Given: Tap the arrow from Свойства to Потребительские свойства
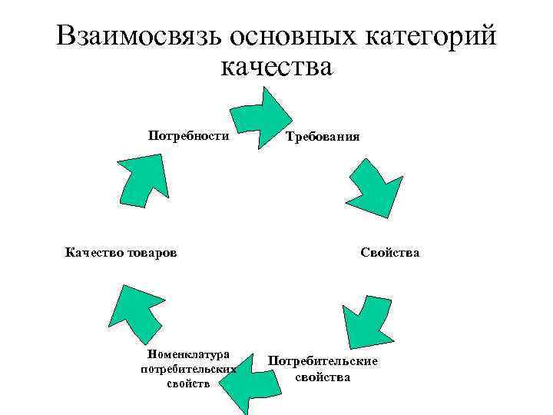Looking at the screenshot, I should pyautogui.click(x=365, y=320).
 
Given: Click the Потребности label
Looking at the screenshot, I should pyautogui.click(x=189, y=136).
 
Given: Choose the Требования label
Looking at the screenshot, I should pyautogui.click(x=323, y=137).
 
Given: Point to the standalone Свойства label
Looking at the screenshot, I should pyautogui.click(x=389, y=253).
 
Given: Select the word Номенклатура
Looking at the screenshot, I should pyautogui.click(x=188, y=355).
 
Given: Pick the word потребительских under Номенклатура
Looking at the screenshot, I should pyautogui.click(x=188, y=369).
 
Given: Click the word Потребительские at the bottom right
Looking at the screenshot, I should pyautogui.click(x=323, y=361).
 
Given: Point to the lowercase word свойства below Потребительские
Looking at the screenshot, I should pyautogui.click(x=323, y=377).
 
